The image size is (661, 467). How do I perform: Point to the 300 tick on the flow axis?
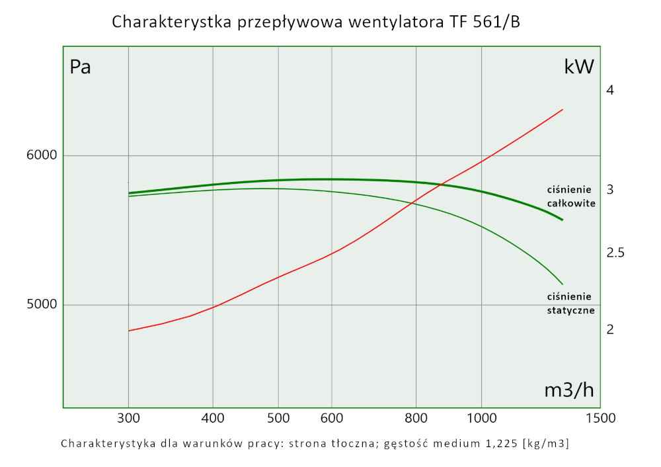pyautogui.click(x=128, y=418)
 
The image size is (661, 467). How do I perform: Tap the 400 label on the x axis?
pyautogui.click(x=213, y=418)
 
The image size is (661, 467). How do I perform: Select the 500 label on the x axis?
pyautogui.click(x=278, y=418)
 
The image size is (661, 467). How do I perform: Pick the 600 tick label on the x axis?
pyautogui.click(x=331, y=418)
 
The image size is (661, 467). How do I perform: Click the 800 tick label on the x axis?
pyautogui.click(x=416, y=418)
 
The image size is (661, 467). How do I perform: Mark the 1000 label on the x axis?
pyautogui.click(x=481, y=418)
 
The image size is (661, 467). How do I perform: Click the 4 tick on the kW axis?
pyautogui.click(x=610, y=90)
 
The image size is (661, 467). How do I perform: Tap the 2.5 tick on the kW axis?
pyautogui.click(x=615, y=253)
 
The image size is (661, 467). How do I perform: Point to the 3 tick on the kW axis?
pyautogui.click(x=610, y=190)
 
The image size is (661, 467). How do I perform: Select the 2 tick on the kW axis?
pyautogui.click(x=610, y=329)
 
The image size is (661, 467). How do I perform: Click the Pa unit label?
pyautogui.click(x=81, y=67)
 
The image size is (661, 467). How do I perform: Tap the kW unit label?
pyautogui.click(x=578, y=67)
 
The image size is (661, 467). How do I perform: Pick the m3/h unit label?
pyautogui.click(x=568, y=390)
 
